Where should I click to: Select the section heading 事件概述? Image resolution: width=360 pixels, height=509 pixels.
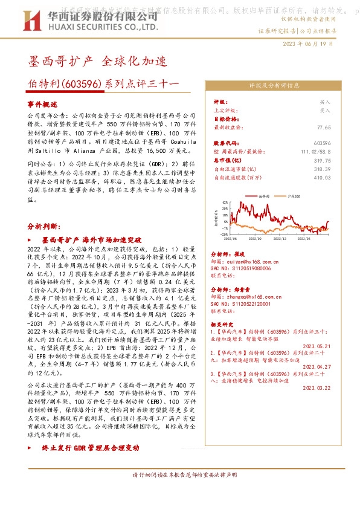pyautogui.click(x=43, y=104)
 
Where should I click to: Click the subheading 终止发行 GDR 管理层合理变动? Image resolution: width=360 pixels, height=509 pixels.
pyautogui.click(x=91, y=448)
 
